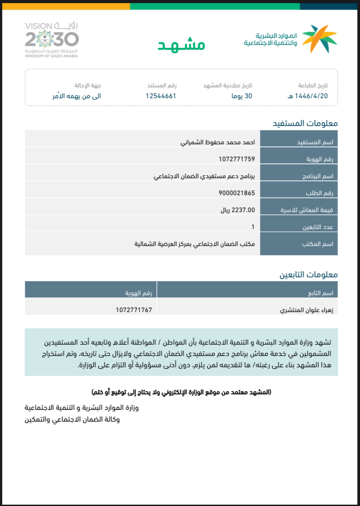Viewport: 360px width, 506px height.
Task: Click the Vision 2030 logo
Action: point(52,40)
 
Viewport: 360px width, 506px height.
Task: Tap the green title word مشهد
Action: point(181,45)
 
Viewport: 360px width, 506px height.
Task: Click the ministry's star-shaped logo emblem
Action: point(320,39)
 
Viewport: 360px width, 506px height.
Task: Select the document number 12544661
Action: point(160,96)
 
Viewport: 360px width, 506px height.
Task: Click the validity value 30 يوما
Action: point(241,96)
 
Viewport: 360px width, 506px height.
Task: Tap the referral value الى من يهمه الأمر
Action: point(76,96)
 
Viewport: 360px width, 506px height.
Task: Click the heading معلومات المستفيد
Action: point(305,123)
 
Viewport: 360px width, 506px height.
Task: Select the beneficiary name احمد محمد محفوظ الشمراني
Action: point(217,142)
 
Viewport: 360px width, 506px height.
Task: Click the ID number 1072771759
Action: point(237,159)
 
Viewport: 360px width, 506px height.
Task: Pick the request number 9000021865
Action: point(237,193)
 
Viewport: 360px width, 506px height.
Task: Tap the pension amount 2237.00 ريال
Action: point(237,210)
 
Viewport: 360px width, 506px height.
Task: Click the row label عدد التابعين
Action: point(318,227)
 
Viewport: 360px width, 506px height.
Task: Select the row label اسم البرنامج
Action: point(317,176)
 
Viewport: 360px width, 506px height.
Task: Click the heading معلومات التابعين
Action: point(308,275)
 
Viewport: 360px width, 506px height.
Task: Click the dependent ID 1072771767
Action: point(134,310)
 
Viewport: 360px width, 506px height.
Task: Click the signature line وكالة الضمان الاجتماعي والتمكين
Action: point(72,419)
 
